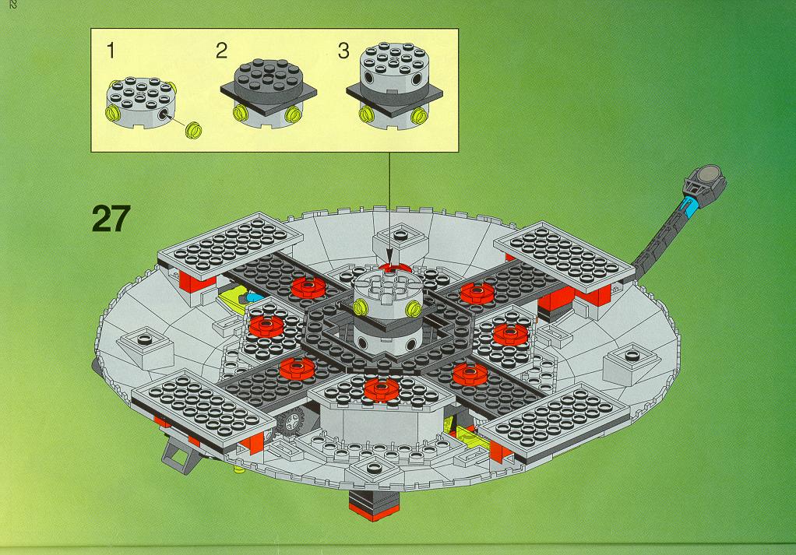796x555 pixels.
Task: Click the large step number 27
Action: (x=111, y=219)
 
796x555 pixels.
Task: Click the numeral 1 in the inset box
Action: (x=111, y=51)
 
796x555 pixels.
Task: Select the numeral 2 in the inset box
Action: (x=221, y=51)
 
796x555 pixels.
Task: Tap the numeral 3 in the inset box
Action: (x=343, y=51)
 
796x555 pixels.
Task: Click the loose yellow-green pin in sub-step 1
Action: (x=193, y=130)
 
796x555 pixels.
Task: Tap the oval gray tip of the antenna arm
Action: (x=710, y=175)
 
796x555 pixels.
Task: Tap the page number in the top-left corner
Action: (x=12, y=5)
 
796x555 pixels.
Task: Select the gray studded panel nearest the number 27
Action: (x=231, y=244)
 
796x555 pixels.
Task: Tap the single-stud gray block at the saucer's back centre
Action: (x=401, y=241)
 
